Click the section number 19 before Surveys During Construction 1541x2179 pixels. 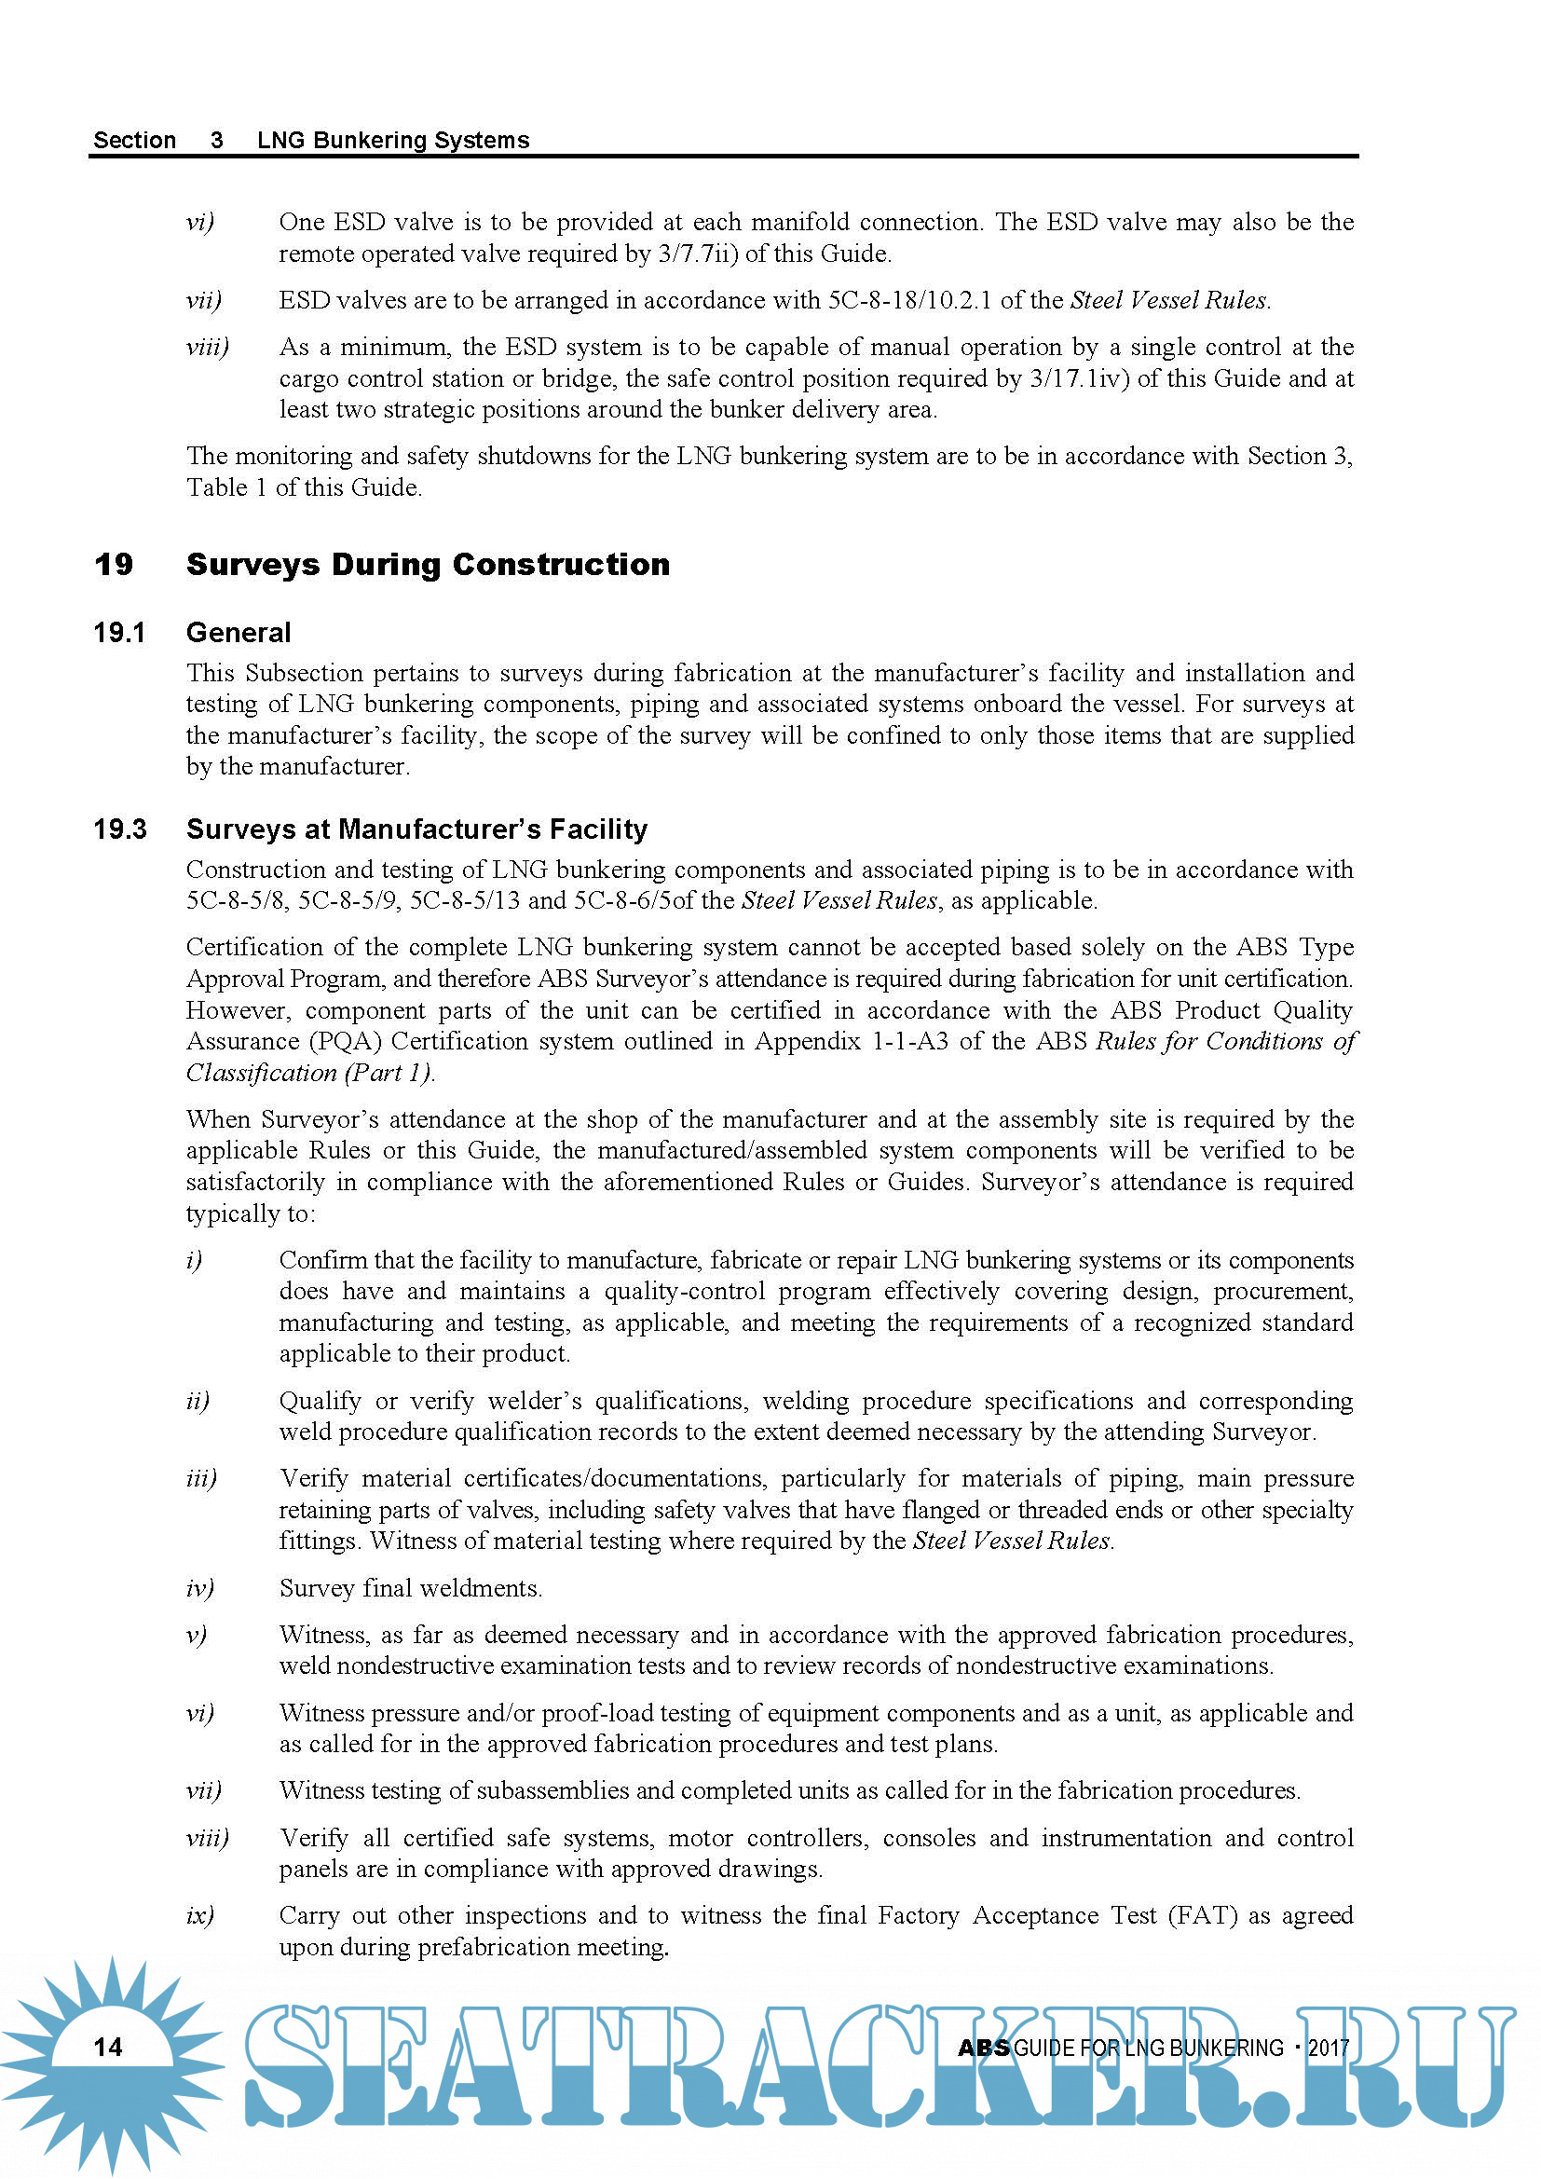pyautogui.click(x=114, y=565)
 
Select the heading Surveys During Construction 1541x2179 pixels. pyautogui.click(x=428, y=565)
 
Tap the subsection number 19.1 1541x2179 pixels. pyautogui.click(x=119, y=633)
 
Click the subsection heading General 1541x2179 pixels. pyautogui.click(x=239, y=633)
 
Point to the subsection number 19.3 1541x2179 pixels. pyautogui.click(x=119, y=829)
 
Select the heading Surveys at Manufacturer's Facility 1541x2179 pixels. pyautogui.click(x=416, y=829)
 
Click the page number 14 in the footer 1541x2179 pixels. pyautogui.click(x=108, y=2047)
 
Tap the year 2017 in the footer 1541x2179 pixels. pyautogui.click(x=1329, y=2048)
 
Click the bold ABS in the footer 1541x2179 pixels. pyautogui.click(x=983, y=2048)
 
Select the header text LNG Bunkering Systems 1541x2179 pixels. pyautogui.click(x=393, y=141)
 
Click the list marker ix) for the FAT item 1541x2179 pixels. pyautogui.click(x=200, y=1916)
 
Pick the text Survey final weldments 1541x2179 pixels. pyautogui.click(x=411, y=1589)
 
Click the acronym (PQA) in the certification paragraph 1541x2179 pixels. pyautogui.click(x=346, y=1042)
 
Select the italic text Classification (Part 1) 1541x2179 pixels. pyautogui.click(x=310, y=1074)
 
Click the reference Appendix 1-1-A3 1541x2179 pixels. pyautogui.click(x=852, y=1042)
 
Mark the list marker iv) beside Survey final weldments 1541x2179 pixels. pyautogui.click(x=200, y=1589)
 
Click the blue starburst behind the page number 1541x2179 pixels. pyautogui.click(x=57, y=2088)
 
